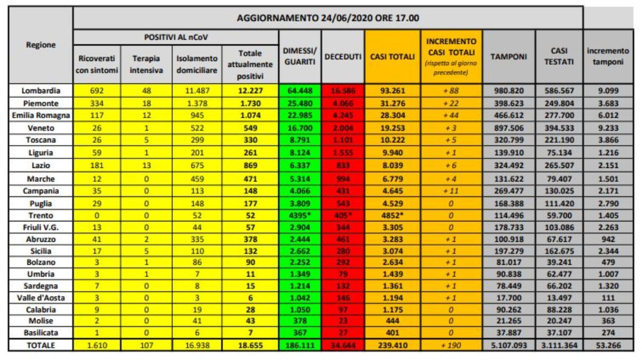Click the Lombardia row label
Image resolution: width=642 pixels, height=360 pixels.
tap(40, 90)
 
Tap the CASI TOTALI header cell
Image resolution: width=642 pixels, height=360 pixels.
tap(392, 57)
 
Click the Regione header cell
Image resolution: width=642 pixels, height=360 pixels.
tap(40, 45)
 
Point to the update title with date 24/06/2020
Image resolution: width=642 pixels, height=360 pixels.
tap(327, 18)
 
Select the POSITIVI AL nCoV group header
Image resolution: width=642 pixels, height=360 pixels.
tap(176, 37)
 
